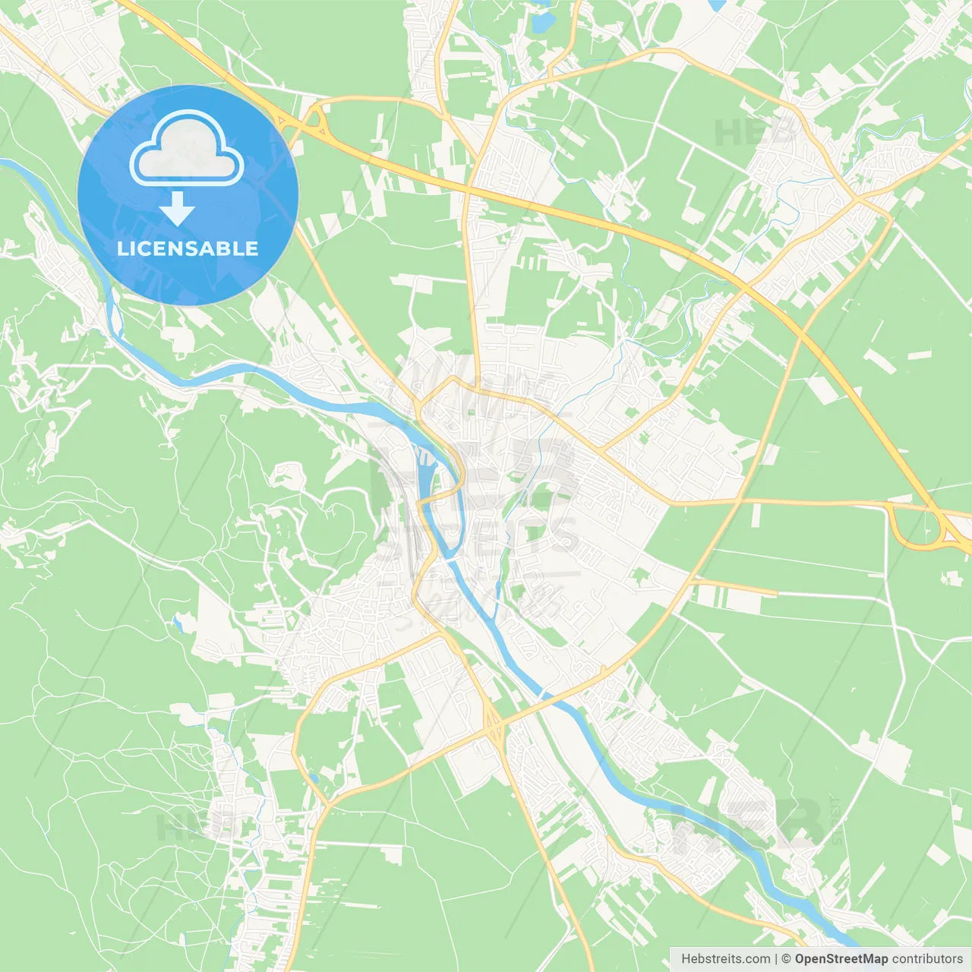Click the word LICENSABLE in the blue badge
[x=188, y=248]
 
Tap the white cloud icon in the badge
[x=187, y=149]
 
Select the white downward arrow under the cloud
[x=177, y=209]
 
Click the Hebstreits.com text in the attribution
[x=725, y=959]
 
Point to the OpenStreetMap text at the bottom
[x=841, y=959]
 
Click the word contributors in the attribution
[x=927, y=959]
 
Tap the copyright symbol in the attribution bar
[x=786, y=959]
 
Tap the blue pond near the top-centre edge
[x=541, y=23]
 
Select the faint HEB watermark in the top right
[x=752, y=133]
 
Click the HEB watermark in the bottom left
[x=190, y=826]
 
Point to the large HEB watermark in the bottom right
[x=748, y=824]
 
